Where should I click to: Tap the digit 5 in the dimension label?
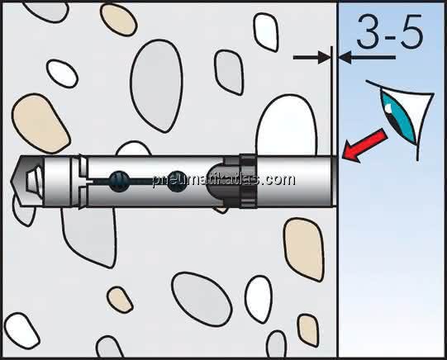[411, 31]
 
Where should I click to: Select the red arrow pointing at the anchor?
[364, 145]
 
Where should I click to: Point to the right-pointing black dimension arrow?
[311, 58]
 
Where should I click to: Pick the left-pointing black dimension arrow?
[367, 58]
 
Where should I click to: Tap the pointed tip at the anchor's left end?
[11, 180]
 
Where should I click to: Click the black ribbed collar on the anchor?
[247, 181]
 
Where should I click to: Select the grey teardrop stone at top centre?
[157, 85]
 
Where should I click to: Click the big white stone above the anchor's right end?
[287, 126]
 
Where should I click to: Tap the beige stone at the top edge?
[119, 19]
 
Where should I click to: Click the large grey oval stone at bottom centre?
[202, 299]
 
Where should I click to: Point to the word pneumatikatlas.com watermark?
[223, 180]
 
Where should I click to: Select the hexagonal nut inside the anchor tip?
[35, 182]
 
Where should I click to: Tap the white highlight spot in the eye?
[388, 107]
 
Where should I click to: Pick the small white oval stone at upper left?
[62, 73]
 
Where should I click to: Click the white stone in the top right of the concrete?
[266, 32]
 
